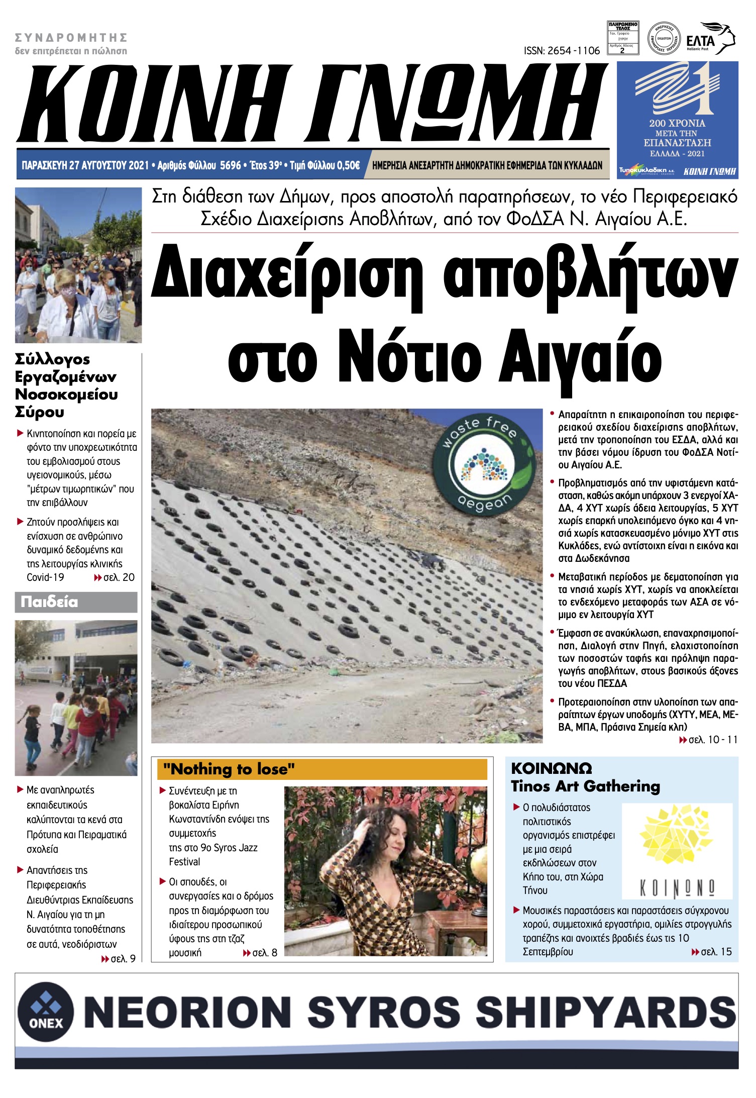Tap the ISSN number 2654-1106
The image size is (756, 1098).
click(x=562, y=51)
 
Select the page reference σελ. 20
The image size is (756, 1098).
click(x=119, y=577)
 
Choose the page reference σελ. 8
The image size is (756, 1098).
click(x=264, y=953)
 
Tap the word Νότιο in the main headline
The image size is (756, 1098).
click(x=412, y=357)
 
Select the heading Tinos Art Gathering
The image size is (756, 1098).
click(x=585, y=786)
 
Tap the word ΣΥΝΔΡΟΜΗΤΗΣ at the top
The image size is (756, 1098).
click(x=71, y=38)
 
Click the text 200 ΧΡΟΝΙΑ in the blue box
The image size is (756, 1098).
click(x=677, y=123)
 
